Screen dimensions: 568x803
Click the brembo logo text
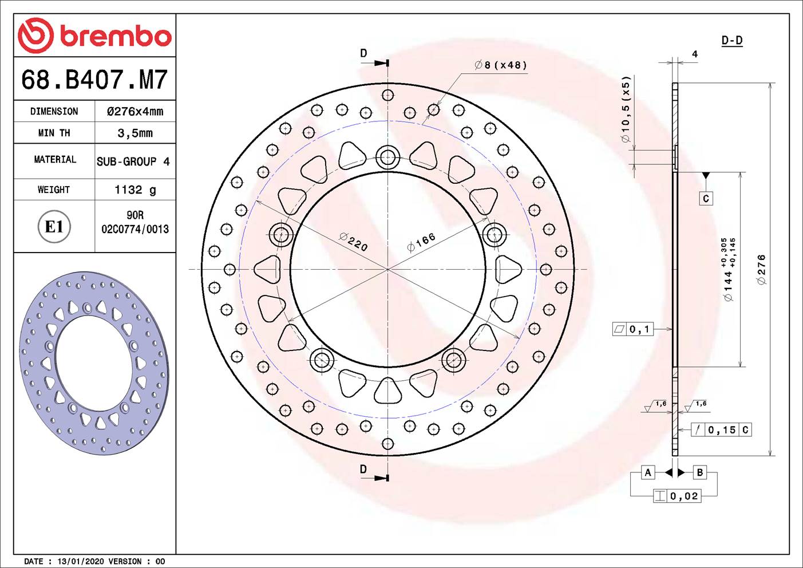tap(115, 36)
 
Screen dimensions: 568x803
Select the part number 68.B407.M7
tap(94, 80)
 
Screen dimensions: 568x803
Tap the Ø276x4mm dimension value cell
tap(135, 111)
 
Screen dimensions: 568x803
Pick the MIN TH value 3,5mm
tap(135, 133)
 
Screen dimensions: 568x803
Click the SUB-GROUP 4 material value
tap(133, 161)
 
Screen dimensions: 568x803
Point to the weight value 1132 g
tap(135, 190)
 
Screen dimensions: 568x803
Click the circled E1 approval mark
tap(54, 227)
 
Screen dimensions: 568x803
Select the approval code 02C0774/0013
tap(135, 229)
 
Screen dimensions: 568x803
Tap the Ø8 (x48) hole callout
tap(501, 65)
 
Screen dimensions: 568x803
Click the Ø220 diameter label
tap(353, 242)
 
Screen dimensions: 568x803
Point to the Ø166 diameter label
tap(421, 242)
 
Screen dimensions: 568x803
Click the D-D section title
tap(731, 40)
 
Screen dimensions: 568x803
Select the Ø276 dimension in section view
tap(761, 270)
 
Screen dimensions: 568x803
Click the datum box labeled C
tap(706, 198)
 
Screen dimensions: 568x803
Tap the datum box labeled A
tap(648, 472)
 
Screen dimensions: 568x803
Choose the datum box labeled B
tap(699, 472)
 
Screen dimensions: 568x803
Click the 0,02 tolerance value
tap(684, 496)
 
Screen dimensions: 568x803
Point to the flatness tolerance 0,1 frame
tap(634, 329)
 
